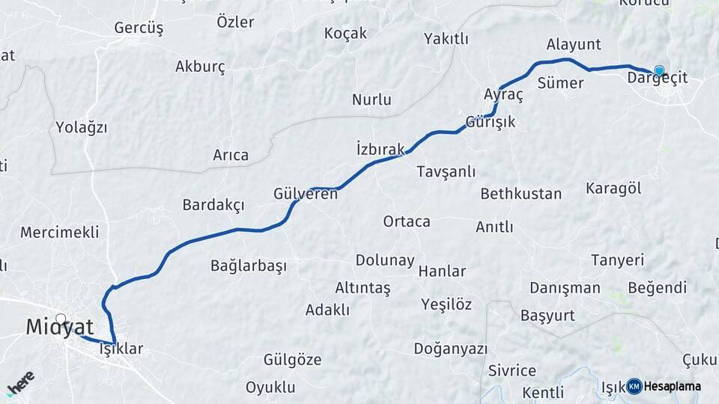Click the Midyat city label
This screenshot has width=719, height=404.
tap(60, 327)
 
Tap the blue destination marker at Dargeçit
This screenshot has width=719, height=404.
tap(659, 71)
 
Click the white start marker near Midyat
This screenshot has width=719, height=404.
tap(61, 319)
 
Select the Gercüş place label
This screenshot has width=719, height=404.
tap(139, 28)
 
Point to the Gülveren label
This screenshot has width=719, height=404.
tap(306, 194)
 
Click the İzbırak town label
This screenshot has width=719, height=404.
tap(380, 148)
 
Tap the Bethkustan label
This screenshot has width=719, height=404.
tap(521, 194)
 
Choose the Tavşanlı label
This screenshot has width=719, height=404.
tap(446, 171)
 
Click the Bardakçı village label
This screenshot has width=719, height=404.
tap(213, 205)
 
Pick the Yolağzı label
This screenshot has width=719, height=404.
tap(82, 128)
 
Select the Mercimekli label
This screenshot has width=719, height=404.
tap(59, 232)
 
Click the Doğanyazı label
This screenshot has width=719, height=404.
tap(450, 349)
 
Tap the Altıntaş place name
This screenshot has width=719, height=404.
tap(362, 288)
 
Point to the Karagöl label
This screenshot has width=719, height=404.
tap(613, 188)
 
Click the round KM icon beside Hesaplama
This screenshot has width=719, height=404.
tap(634, 386)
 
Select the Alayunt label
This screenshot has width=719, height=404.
tap(574, 44)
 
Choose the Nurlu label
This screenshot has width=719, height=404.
tap(371, 100)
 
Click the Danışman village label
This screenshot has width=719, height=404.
tap(565, 288)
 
